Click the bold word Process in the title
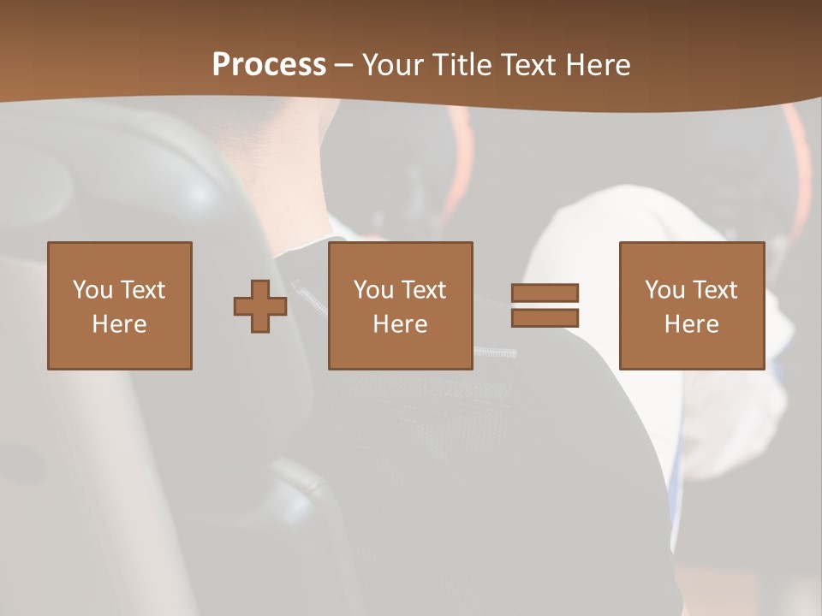click(269, 65)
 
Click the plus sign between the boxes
click(260, 306)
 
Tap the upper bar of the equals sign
click(545, 293)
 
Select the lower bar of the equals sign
click(545, 317)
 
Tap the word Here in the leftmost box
click(120, 324)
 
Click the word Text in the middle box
click(424, 290)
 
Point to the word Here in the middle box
click(401, 324)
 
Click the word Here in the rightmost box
click(692, 324)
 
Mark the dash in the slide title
click(344, 65)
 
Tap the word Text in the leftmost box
click(143, 290)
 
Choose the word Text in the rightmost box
click(715, 290)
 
